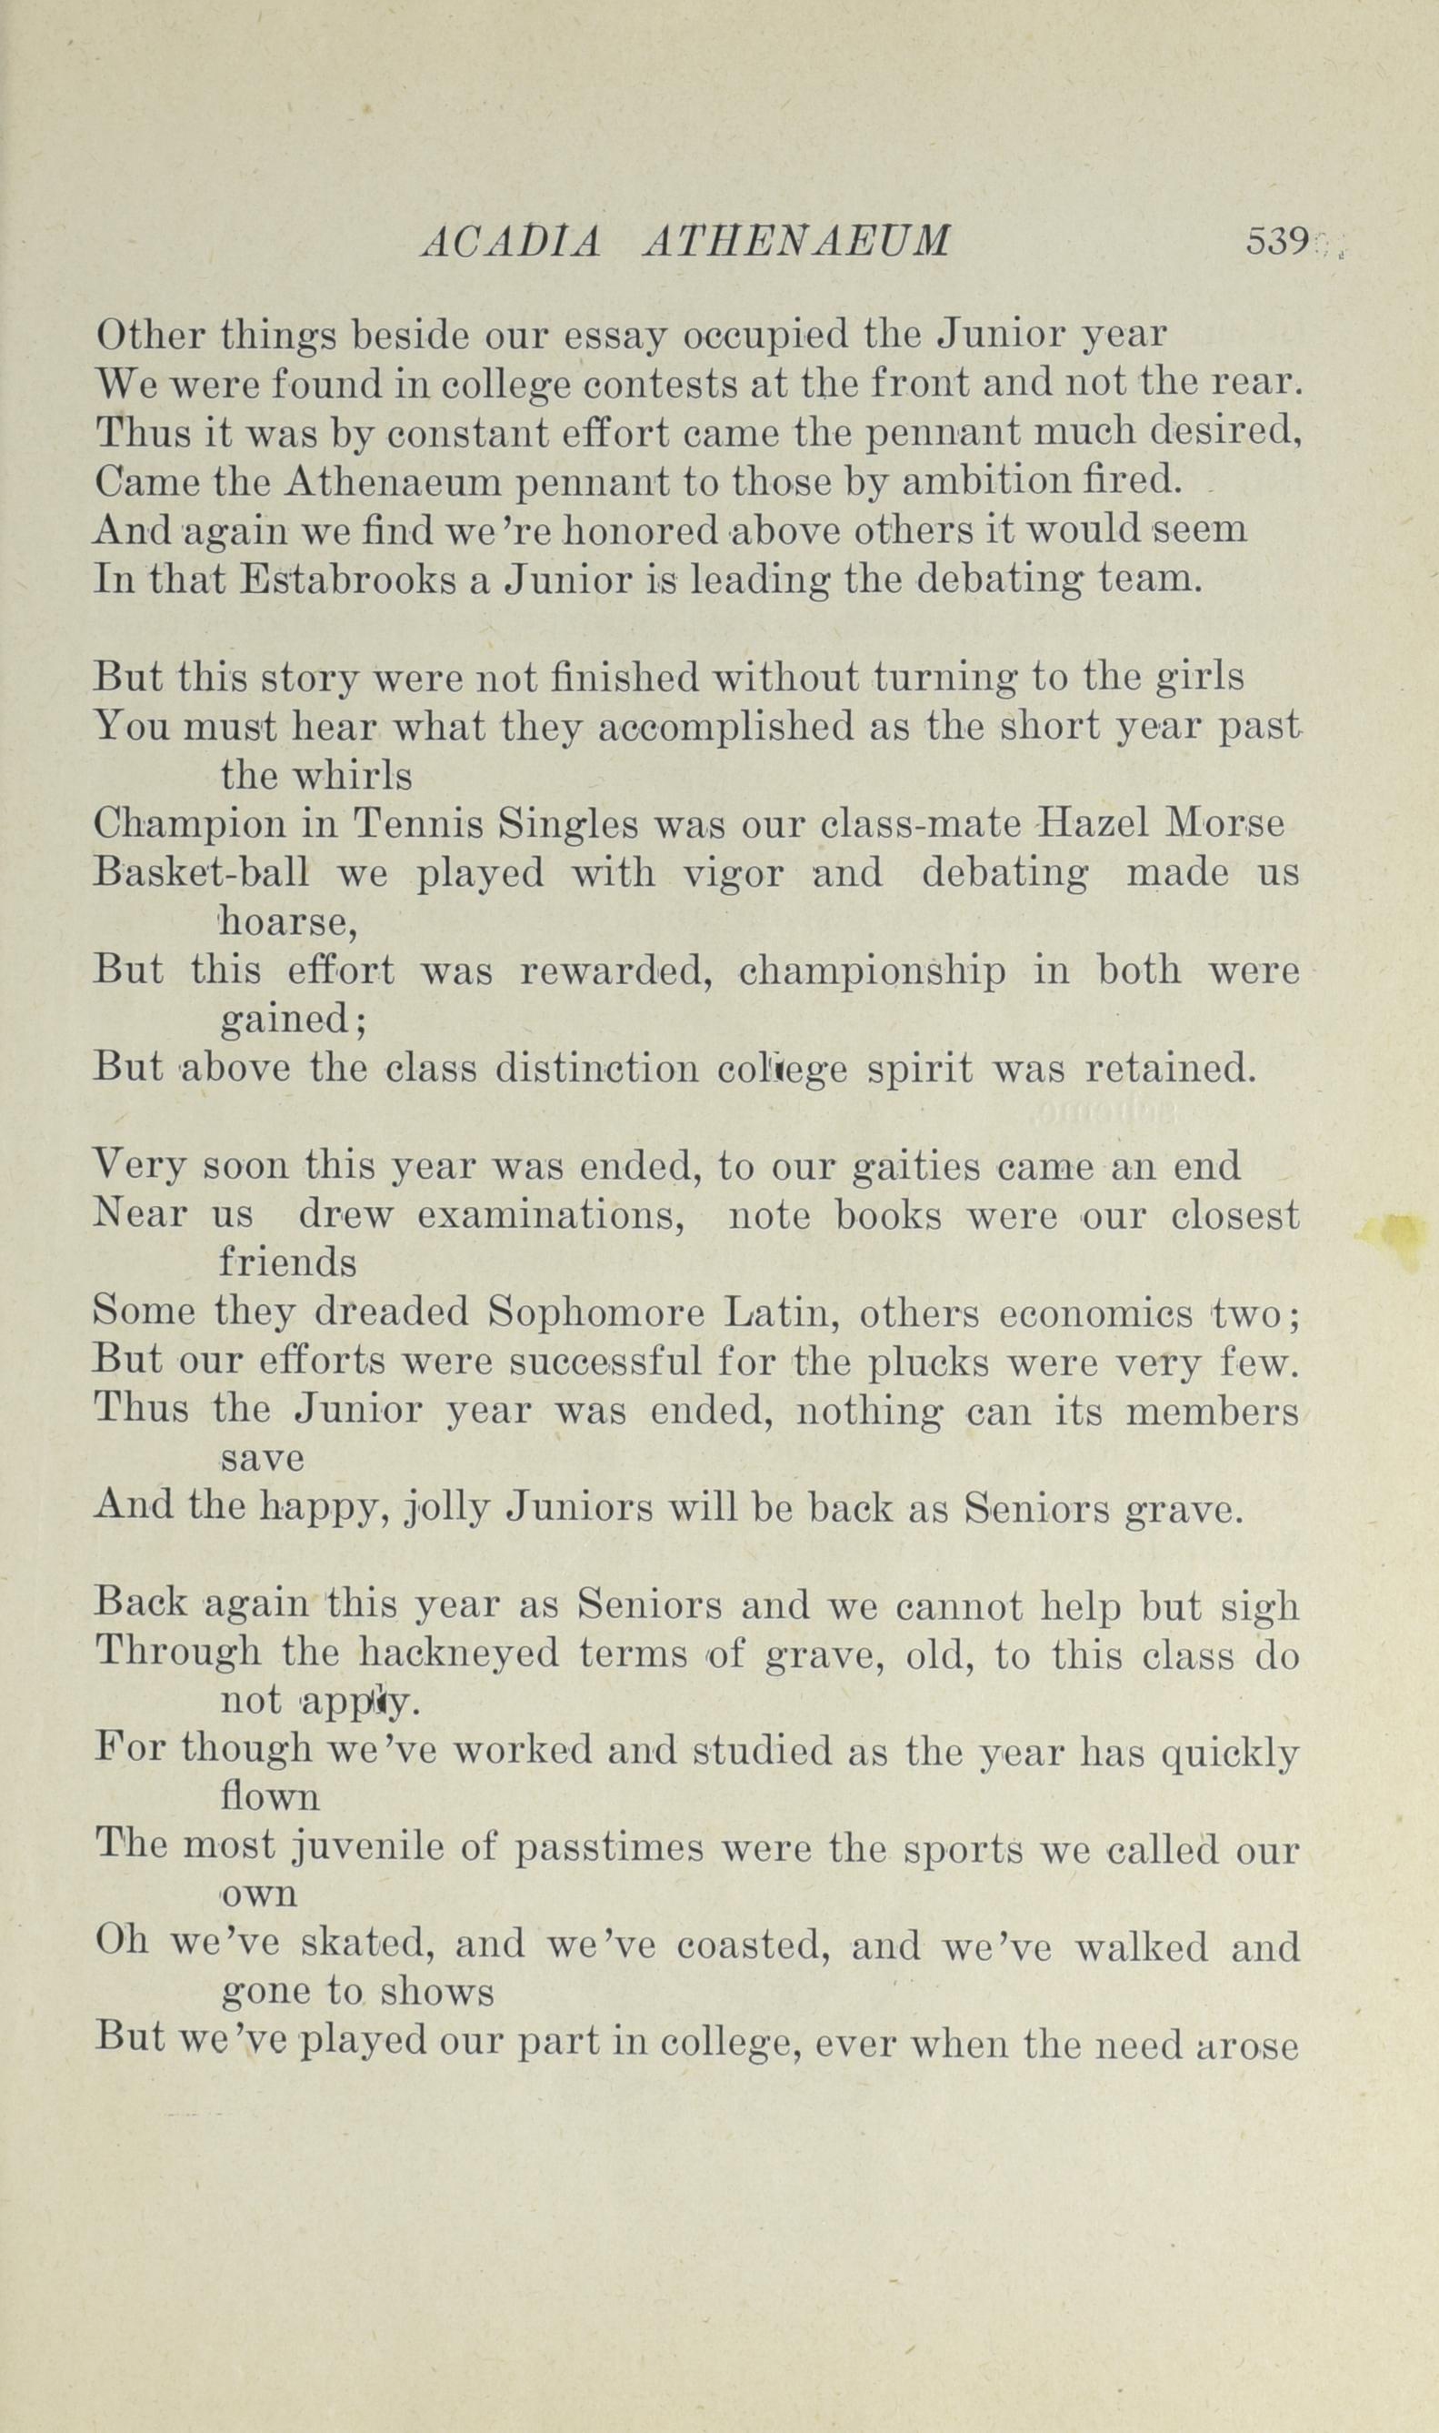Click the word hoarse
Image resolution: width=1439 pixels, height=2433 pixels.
click(x=288, y=922)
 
